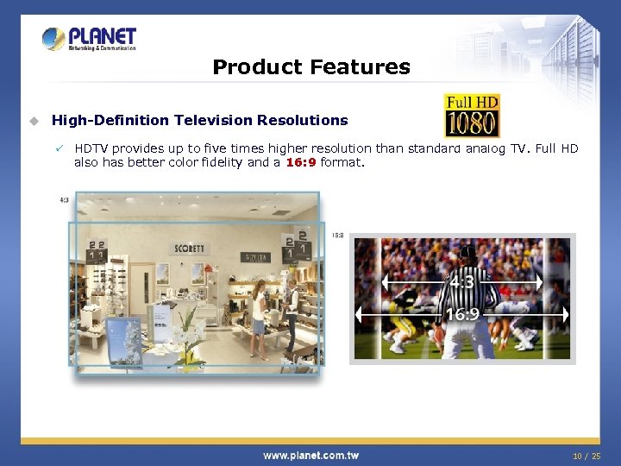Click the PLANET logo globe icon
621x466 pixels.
click(53, 39)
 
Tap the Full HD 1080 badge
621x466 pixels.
click(471, 116)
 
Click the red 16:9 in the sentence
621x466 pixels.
click(300, 161)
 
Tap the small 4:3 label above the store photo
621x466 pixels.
click(64, 199)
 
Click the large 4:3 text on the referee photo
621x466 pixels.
click(461, 281)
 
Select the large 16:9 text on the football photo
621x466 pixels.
click(462, 314)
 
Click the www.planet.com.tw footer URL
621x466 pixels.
click(310, 455)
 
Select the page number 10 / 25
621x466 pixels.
click(587, 455)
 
